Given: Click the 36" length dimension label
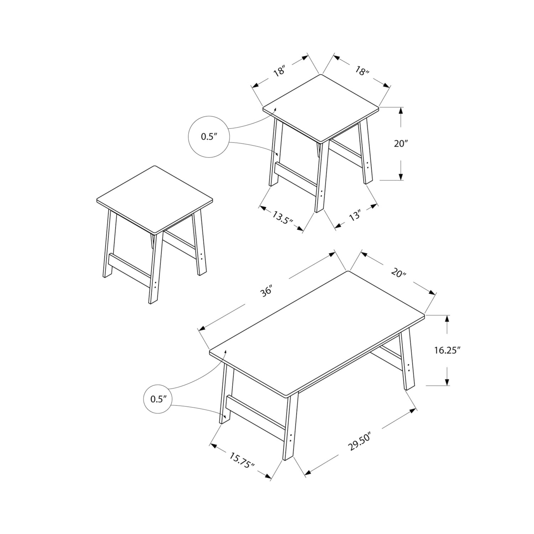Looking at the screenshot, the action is tap(266, 290).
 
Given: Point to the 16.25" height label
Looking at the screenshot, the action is tap(447, 350).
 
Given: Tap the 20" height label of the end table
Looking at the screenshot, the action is tap(400, 143).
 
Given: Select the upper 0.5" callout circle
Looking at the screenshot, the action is tap(209, 116).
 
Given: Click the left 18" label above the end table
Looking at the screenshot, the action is tap(280, 71).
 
